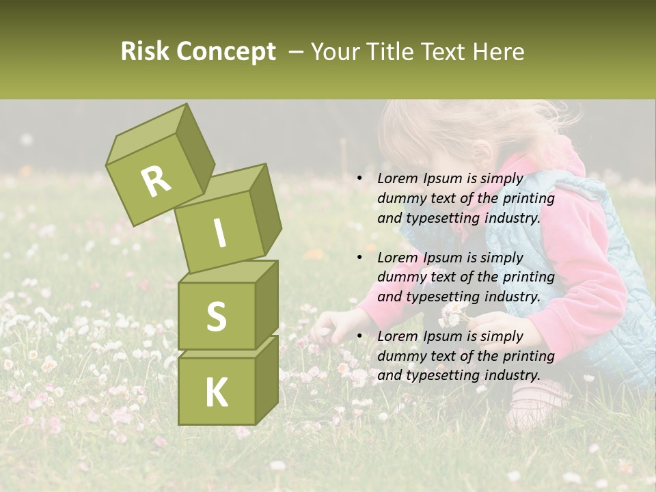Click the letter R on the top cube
click(x=156, y=181)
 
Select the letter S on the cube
click(x=216, y=316)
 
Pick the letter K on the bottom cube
click(x=216, y=392)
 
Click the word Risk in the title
click(x=145, y=52)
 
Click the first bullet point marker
click(x=359, y=179)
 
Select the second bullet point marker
click(x=359, y=258)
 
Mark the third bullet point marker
click(x=359, y=336)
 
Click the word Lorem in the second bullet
click(x=396, y=258)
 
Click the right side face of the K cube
click(x=266, y=383)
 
